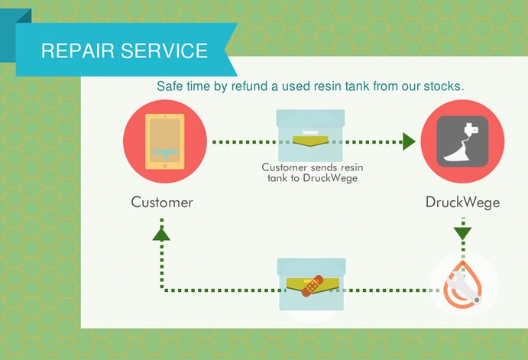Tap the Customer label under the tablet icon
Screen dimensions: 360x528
(x=162, y=203)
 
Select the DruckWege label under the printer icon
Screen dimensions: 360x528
(x=463, y=203)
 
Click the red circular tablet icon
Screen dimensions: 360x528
(x=165, y=141)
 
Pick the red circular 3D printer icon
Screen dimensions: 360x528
(x=462, y=141)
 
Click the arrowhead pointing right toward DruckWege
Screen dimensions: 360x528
(x=408, y=141)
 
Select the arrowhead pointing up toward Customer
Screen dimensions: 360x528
(x=161, y=232)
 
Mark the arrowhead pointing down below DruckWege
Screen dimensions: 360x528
(x=463, y=232)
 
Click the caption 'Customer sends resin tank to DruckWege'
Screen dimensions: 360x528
(x=309, y=173)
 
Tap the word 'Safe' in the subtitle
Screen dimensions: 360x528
(x=170, y=86)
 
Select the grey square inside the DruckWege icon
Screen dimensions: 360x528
(x=462, y=141)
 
